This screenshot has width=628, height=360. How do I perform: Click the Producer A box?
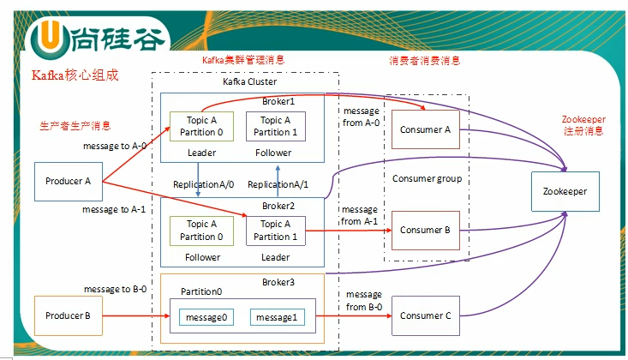coord(69,182)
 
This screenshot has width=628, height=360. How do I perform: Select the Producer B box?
coord(69,315)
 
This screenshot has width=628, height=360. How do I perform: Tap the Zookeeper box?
coord(565,192)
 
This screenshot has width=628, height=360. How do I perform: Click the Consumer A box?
coord(425,130)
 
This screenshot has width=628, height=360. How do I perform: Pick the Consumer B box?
coord(425,231)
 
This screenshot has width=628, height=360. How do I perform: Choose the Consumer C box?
coord(425,315)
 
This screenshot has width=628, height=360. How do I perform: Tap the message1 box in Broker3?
coord(278,318)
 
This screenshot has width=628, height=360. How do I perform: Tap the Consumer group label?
coord(427,179)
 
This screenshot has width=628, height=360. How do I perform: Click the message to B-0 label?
coord(115,290)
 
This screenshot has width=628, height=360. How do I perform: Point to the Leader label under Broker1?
coord(201,153)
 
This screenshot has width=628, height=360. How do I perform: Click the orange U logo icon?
coord(47,38)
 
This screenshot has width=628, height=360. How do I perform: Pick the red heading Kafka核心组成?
coord(75,75)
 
